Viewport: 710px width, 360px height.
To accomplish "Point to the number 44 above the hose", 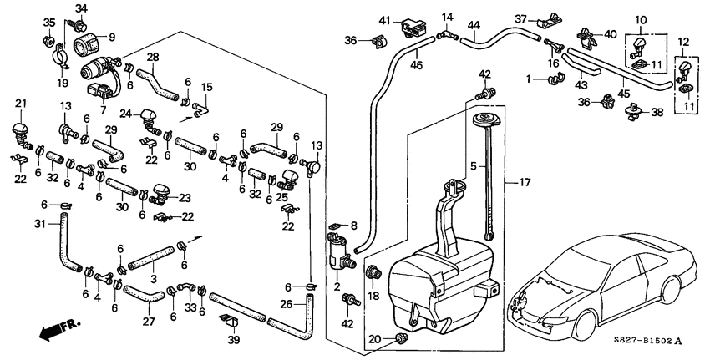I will tap(474, 25).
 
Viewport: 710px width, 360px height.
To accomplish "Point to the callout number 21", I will tap(21, 103).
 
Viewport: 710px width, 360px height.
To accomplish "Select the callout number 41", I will tap(384, 20).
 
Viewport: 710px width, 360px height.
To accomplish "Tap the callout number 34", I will tap(80, 8).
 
